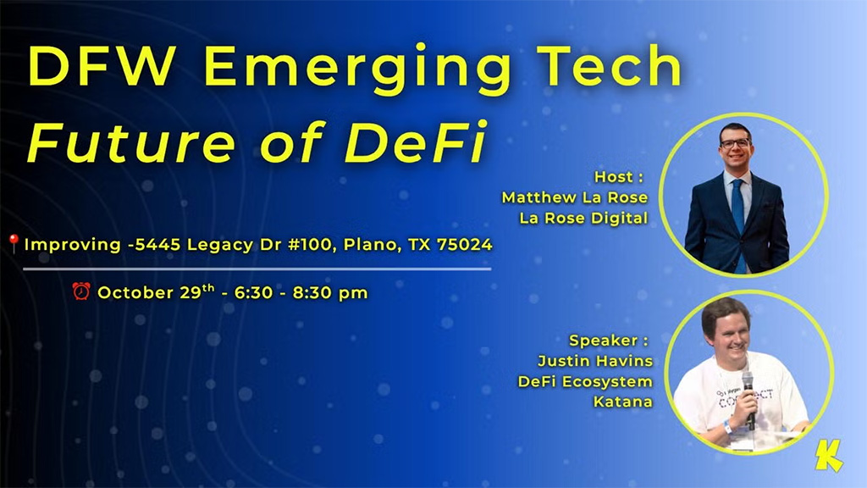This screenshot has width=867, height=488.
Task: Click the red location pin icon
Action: [14, 244]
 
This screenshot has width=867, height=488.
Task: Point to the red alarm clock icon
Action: [81, 292]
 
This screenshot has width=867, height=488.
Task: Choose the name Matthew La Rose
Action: [575, 197]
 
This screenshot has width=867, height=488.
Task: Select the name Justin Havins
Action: [595, 361]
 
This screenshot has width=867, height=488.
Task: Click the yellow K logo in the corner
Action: [829, 457]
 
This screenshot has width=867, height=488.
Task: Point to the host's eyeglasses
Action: [735, 143]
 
